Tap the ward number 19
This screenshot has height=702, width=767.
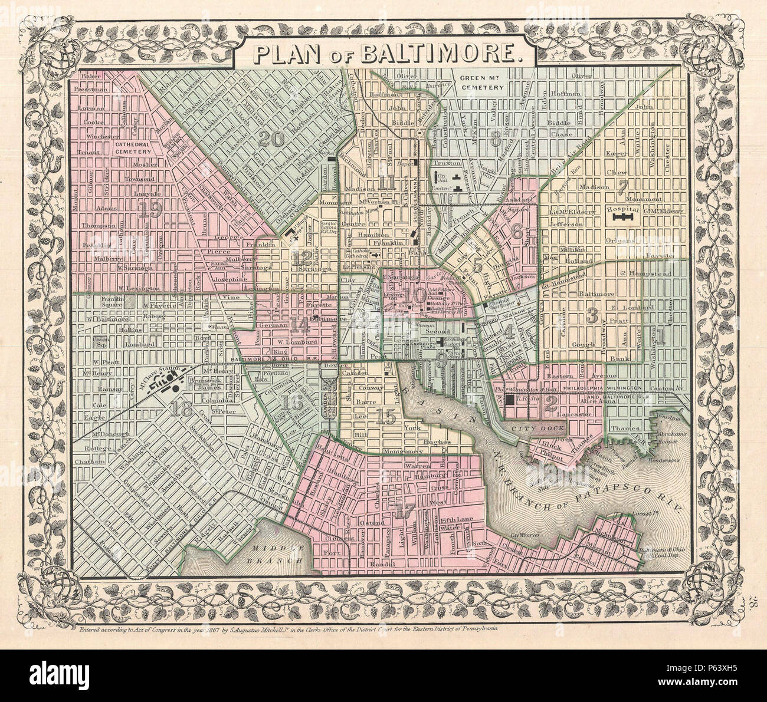[x=152, y=209]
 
